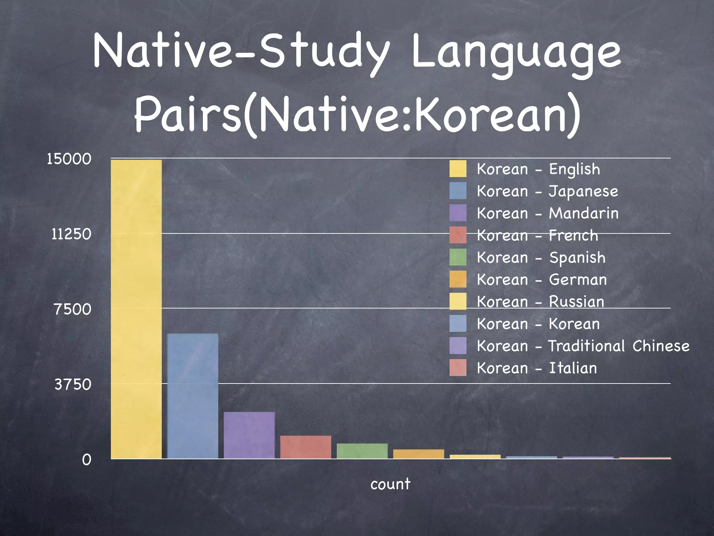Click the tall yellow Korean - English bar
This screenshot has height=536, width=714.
pyautogui.click(x=136, y=309)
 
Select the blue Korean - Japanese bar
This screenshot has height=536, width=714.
pyautogui.click(x=193, y=396)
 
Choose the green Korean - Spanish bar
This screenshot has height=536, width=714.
pyautogui.click(x=362, y=451)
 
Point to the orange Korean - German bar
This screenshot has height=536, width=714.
pyautogui.click(x=419, y=454)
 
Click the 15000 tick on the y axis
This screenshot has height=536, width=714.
pyautogui.click(x=69, y=159)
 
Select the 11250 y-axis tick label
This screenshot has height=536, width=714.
pyautogui.click(x=71, y=234)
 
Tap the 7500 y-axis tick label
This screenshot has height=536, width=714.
pyautogui.click(x=73, y=310)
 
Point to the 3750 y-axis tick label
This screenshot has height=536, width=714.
pyautogui.click(x=73, y=385)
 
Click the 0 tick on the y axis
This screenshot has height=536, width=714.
pyautogui.click(x=86, y=460)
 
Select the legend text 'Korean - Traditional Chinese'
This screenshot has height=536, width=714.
pyautogui.click(x=583, y=346)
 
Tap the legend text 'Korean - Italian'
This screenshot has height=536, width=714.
pyautogui.click(x=537, y=368)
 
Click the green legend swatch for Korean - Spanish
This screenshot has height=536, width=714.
pyautogui.click(x=458, y=258)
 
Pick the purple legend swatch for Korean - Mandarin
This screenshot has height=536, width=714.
pyautogui.click(x=458, y=213)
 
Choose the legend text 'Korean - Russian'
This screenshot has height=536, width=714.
pyautogui.click(x=540, y=302)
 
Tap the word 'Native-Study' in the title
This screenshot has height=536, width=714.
pyautogui.click(x=241, y=52)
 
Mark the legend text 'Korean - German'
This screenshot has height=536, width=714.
pyautogui.click(x=542, y=280)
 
